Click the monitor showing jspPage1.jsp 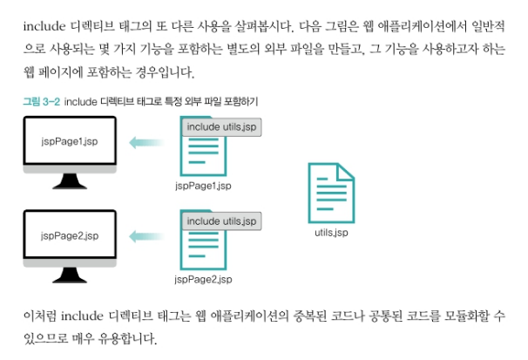point(69,141)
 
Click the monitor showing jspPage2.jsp point(69,236)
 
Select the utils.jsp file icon point(330,191)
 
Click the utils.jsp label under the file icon point(331,233)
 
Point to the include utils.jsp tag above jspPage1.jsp point(221,127)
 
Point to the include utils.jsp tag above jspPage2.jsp point(221,221)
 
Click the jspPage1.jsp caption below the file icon point(202,186)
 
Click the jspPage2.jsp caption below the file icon point(202,279)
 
